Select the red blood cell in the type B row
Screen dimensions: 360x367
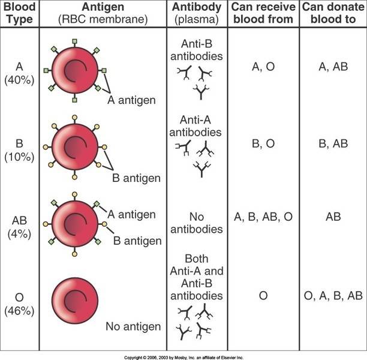(x=75, y=146)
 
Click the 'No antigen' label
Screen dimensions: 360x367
(x=133, y=327)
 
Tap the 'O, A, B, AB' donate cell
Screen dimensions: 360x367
(x=333, y=295)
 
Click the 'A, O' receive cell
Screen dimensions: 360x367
(x=261, y=67)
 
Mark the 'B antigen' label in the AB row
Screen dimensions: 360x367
(x=137, y=241)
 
